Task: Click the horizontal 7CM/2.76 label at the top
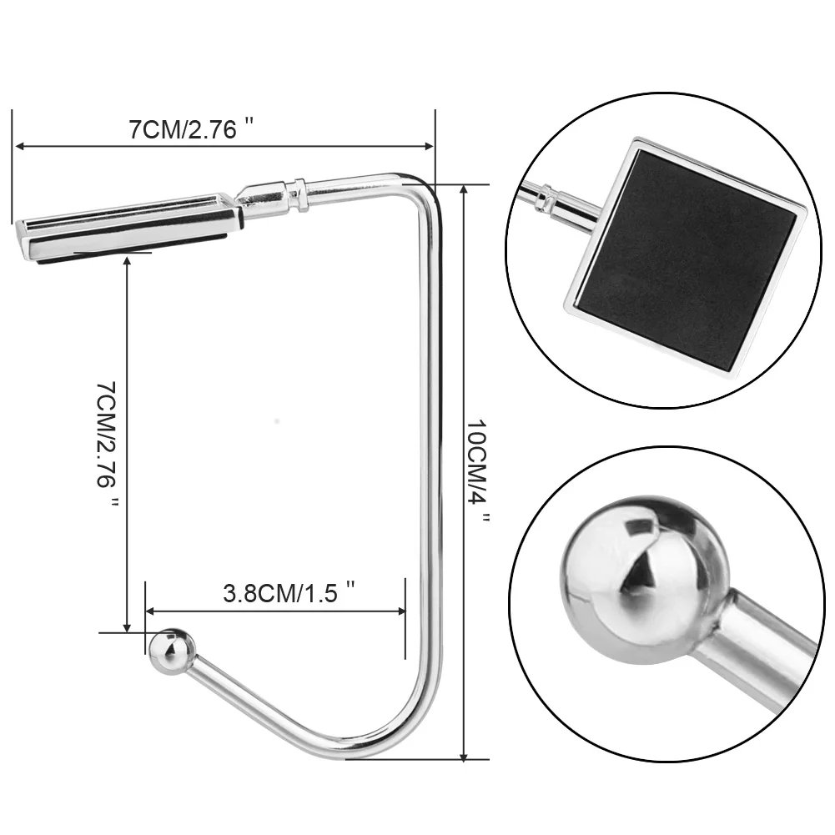click(191, 128)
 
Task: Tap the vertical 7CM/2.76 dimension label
click(106, 444)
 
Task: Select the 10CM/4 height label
click(478, 470)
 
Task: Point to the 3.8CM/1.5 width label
click(288, 593)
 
